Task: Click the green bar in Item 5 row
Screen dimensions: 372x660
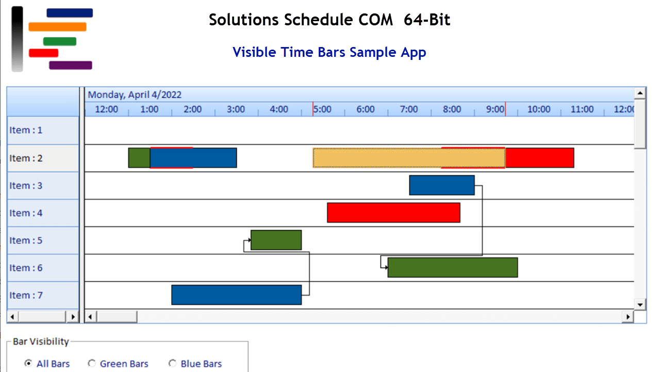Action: coord(276,240)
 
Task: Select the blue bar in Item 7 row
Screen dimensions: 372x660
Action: coord(236,295)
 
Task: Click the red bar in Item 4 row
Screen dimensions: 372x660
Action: coord(393,212)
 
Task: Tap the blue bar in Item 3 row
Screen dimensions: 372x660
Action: coord(441,185)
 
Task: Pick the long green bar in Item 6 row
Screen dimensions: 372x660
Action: coord(452,267)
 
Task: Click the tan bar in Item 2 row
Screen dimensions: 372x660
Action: coord(376,158)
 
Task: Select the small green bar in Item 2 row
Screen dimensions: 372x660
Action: coord(139,158)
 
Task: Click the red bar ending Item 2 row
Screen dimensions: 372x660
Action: coord(539,158)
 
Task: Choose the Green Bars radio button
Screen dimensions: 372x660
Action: coord(92,363)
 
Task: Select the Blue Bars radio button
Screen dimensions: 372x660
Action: coord(172,363)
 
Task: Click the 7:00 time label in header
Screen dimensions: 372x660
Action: coord(409,110)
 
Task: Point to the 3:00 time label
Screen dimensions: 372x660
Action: coord(236,110)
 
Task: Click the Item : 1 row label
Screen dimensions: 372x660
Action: coord(26,130)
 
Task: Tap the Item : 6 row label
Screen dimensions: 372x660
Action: coord(26,268)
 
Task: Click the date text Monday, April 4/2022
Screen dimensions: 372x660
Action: coord(135,95)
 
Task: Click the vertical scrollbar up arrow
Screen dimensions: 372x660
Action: coord(640,94)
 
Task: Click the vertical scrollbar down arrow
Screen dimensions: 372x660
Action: coord(640,304)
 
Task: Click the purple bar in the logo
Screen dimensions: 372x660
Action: coord(70,65)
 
